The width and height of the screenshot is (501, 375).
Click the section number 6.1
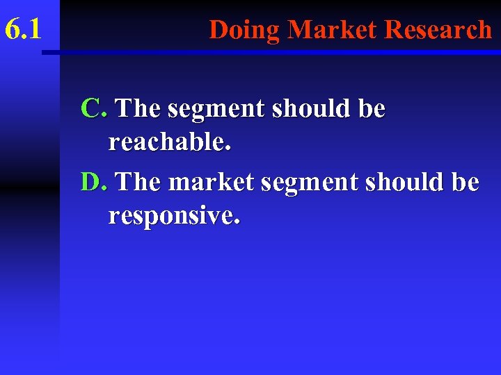23,29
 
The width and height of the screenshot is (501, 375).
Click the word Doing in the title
245,30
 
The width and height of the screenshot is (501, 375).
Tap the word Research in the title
438,30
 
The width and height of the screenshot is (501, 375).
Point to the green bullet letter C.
93,108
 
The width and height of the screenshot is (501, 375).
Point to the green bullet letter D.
93,182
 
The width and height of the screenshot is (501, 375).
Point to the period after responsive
238,224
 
